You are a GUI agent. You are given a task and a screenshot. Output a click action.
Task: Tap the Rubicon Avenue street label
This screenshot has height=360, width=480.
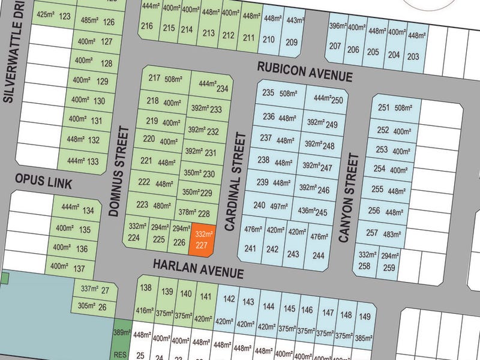304,71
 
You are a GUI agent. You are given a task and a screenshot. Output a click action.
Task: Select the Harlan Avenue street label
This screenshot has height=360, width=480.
198,268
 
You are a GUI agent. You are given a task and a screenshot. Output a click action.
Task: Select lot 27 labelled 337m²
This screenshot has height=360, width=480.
95,291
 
